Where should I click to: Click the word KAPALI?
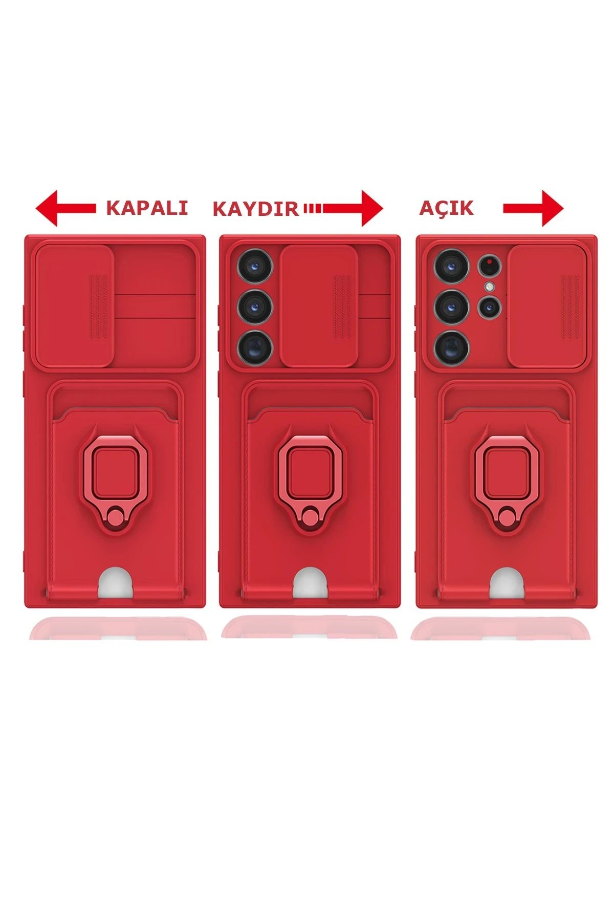147,208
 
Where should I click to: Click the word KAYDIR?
255,209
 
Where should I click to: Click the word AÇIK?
446,208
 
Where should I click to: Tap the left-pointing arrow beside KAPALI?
65,208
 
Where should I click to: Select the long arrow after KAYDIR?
343,208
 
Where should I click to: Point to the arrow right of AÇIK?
533,208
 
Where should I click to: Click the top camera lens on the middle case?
255,266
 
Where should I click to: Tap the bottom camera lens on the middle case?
255,347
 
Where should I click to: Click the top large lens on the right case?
451,266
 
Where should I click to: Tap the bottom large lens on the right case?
451,347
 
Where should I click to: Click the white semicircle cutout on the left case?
115,583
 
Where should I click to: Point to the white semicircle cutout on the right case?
506,583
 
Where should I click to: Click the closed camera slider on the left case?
74,305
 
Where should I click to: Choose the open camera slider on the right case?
546,305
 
